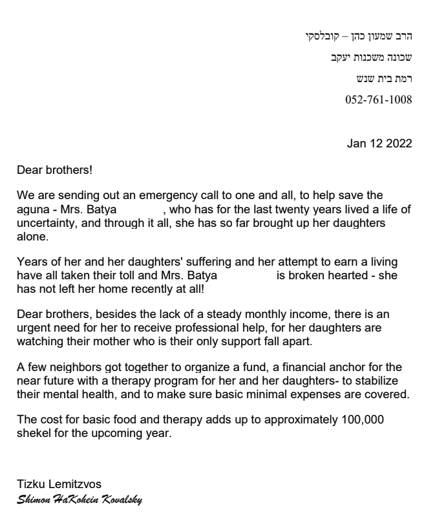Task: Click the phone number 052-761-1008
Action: point(379,100)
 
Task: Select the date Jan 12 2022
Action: point(379,144)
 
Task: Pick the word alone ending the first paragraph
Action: point(31,237)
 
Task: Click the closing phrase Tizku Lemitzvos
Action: point(59,484)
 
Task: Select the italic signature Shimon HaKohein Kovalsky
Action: point(80,500)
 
